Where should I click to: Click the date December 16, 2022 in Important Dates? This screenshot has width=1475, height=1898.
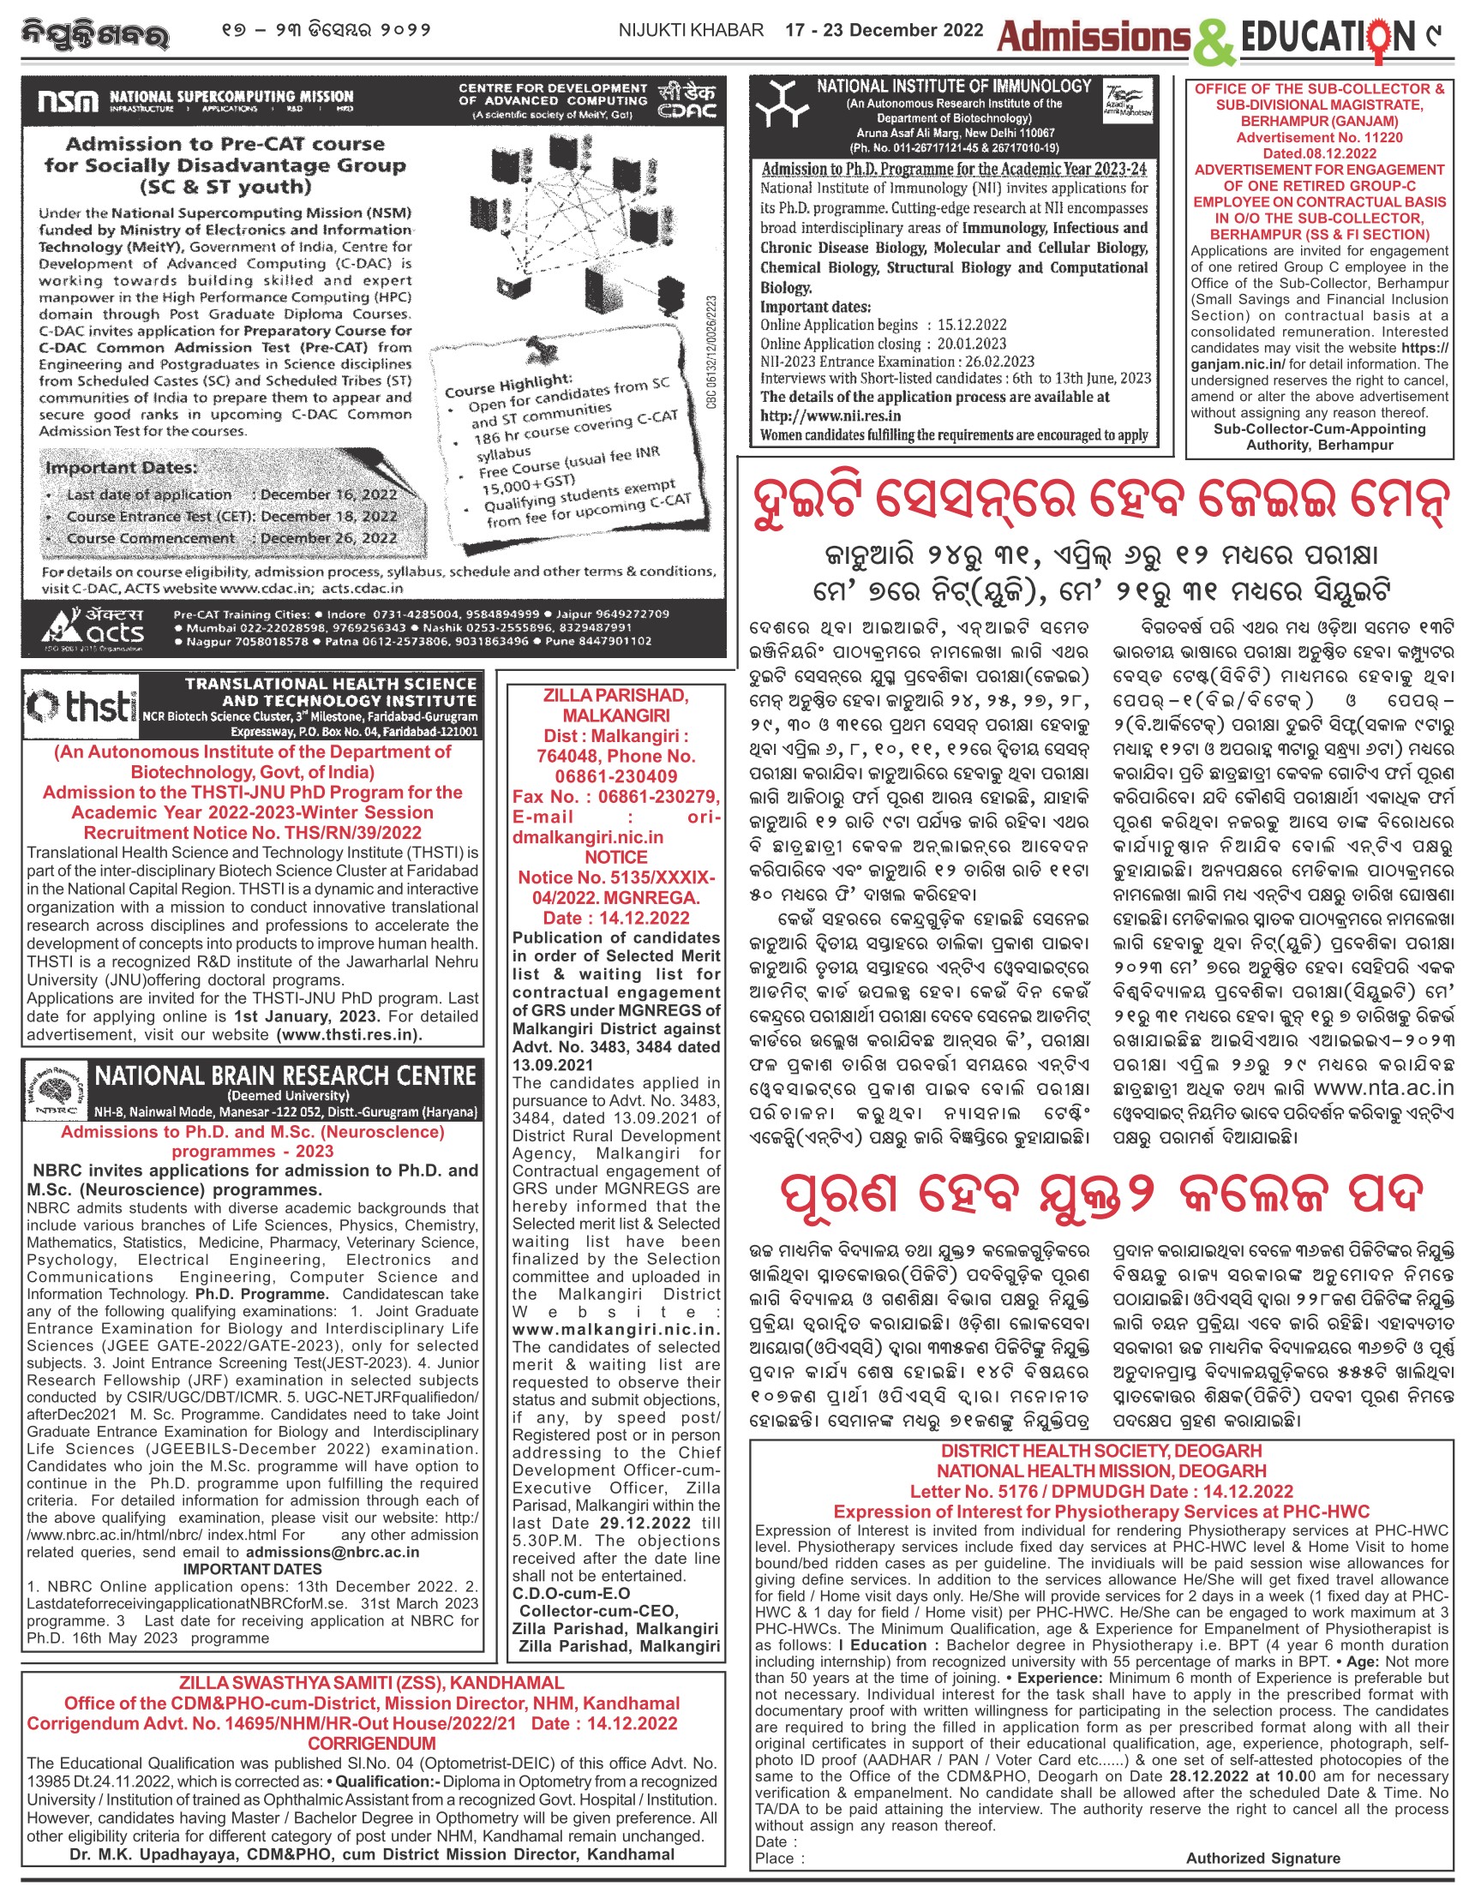328,494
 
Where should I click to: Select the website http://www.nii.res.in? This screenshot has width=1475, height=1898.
830,416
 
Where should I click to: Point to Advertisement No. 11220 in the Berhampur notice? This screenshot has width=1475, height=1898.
1318,137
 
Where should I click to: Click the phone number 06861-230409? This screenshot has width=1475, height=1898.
615,776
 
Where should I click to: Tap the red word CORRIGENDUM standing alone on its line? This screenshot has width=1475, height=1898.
371,1743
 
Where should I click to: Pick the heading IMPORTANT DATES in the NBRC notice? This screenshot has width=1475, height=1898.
252,1570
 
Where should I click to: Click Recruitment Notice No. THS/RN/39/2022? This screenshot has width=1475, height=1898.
252,833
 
